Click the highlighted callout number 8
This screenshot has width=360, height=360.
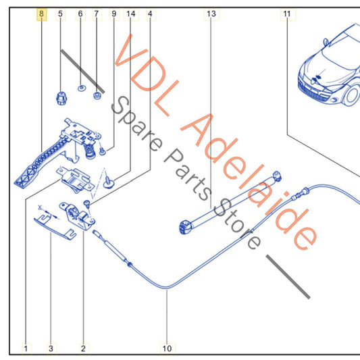[x=42, y=14]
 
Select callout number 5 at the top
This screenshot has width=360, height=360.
[x=60, y=14]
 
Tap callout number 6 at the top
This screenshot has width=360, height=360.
[x=80, y=14]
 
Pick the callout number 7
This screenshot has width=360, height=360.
[x=97, y=14]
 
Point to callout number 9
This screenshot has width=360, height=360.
[x=114, y=14]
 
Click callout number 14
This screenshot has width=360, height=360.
[x=131, y=14]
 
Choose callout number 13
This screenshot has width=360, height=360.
[x=211, y=14]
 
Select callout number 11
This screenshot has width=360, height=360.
[x=287, y=14]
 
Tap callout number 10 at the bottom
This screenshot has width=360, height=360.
[x=167, y=349]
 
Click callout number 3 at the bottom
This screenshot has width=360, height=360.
[x=51, y=349]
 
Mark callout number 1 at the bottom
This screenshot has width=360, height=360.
[x=26, y=349]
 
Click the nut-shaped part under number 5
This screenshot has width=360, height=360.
[x=61, y=98]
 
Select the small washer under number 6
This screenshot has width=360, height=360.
[x=81, y=88]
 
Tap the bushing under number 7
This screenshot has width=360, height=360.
[x=97, y=95]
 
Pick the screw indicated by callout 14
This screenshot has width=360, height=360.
[x=108, y=182]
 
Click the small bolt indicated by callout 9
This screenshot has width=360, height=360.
[x=102, y=151]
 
